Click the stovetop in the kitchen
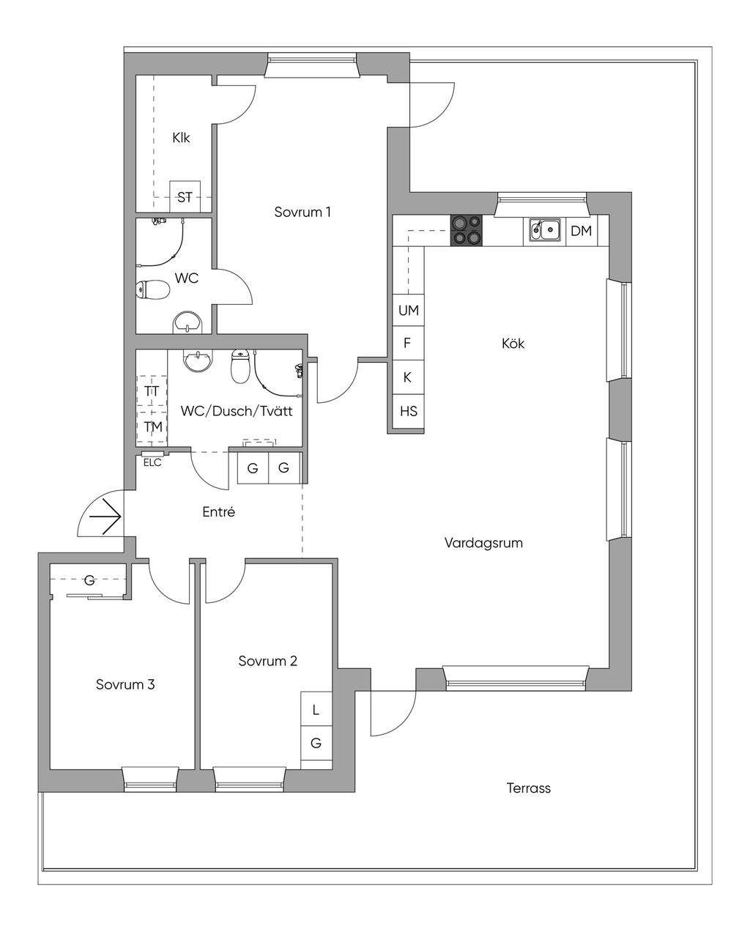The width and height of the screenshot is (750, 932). [x=467, y=230]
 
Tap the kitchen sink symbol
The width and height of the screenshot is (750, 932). [x=544, y=229]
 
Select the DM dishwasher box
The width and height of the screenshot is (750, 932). [x=581, y=231]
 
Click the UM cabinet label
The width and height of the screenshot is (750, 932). [x=409, y=310]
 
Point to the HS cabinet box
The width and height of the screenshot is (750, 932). [x=408, y=411]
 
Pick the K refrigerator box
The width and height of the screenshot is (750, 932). [x=408, y=377]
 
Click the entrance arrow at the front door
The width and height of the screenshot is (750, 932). [x=105, y=517]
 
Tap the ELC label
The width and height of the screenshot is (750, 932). [x=152, y=462]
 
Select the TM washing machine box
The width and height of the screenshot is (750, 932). [x=152, y=427]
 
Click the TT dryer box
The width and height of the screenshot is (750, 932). [x=152, y=391]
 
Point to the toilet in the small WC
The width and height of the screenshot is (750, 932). [x=152, y=289]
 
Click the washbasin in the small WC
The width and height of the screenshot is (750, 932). [x=187, y=322]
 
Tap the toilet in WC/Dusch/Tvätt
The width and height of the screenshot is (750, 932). [x=240, y=366]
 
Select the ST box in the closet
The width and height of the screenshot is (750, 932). [x=185, y=196]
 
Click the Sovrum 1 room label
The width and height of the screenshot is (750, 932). [x=302, y=212]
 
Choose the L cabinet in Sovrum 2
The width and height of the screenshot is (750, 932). [x=316, y=709]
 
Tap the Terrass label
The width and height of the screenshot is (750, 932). [x=528, y=788]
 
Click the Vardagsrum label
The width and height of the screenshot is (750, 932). [x=483, y=543]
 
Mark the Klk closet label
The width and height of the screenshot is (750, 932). [x=181, y=138]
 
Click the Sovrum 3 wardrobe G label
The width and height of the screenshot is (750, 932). [x=89, y=580]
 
